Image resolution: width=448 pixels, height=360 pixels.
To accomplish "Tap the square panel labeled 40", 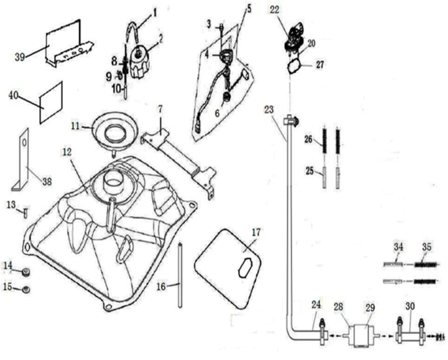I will [52, 102].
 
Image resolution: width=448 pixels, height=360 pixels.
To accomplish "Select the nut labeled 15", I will [26, 289].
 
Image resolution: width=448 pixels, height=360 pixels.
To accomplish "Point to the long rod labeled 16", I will [179, 276].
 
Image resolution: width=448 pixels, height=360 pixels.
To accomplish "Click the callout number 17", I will [256, 233].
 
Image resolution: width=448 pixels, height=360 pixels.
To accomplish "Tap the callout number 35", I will [427, 247].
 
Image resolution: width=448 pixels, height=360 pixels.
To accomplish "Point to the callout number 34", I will [398, 247].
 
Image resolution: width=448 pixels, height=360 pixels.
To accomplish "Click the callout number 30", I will [410, 308].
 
